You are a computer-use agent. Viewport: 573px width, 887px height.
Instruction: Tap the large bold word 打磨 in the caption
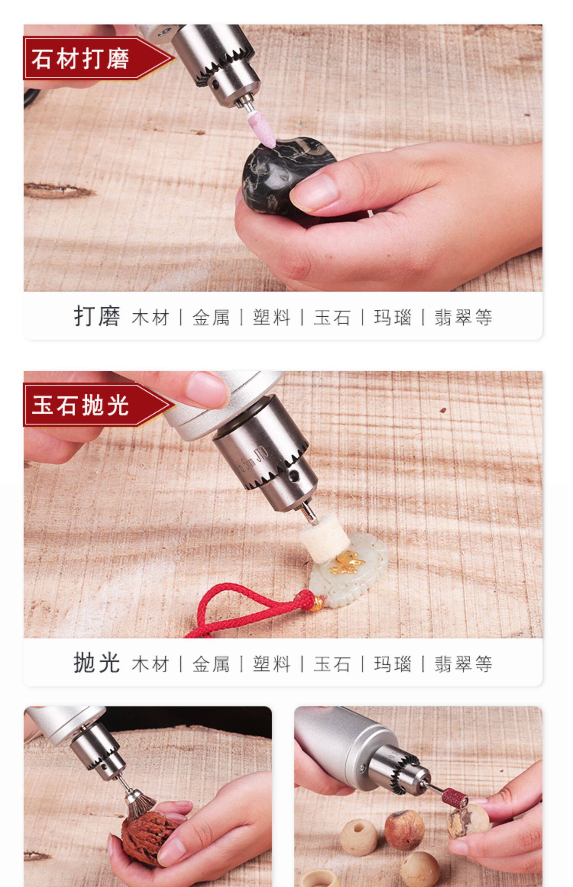[x=97, y=316]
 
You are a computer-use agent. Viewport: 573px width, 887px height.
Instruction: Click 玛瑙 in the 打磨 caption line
[x=393, y=317]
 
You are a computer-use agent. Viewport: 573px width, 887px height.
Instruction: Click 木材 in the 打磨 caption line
[x=150, y=317]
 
